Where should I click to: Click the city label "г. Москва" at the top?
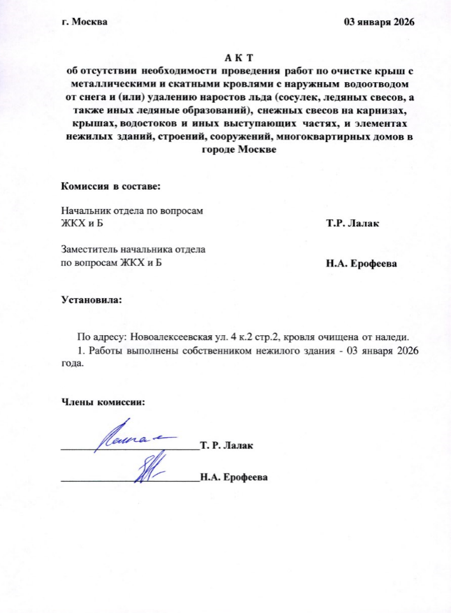pos(85,22)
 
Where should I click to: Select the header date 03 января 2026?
pos(379,22)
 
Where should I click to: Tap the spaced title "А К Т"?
pos(239,59)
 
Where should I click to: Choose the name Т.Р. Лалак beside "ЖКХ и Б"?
pos(353,223)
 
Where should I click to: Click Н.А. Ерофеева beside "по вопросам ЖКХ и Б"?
pos(362,264)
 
